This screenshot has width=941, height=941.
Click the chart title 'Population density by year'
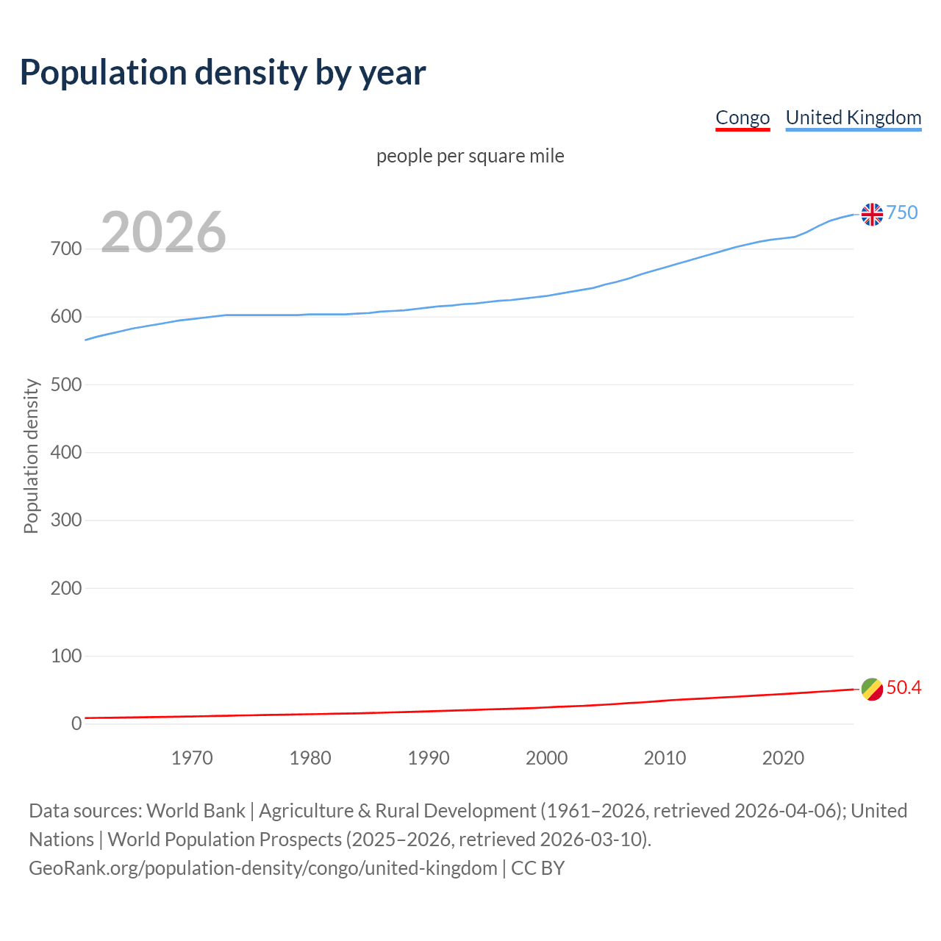point(223,72)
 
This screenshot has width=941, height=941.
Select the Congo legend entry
point(743,118)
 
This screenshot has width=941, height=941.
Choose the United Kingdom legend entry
point(853,118)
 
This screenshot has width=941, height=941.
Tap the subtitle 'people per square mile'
point(470,157)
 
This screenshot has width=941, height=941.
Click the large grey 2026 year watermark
point(163,232)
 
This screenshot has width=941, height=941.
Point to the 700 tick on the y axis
point(65,249)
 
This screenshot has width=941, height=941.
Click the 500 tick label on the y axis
point(65,384)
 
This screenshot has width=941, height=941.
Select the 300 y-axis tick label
point(65,520)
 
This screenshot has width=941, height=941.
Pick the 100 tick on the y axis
point(65,656)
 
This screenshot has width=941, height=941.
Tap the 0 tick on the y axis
point(76,723)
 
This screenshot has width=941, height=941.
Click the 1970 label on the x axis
point(192,758)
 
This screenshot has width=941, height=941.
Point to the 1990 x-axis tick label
point(429,758)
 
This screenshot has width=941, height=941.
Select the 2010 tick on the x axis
point(665,758)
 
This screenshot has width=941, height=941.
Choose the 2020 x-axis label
point(783,758)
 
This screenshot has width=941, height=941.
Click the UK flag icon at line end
point(872,214)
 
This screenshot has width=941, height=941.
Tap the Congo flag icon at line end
point(872,689)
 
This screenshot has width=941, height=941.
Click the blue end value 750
point(902,212)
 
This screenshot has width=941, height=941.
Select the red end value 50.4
point(904,687)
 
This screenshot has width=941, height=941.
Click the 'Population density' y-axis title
point(31,456)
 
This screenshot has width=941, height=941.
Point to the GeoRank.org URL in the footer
point(263,868)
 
